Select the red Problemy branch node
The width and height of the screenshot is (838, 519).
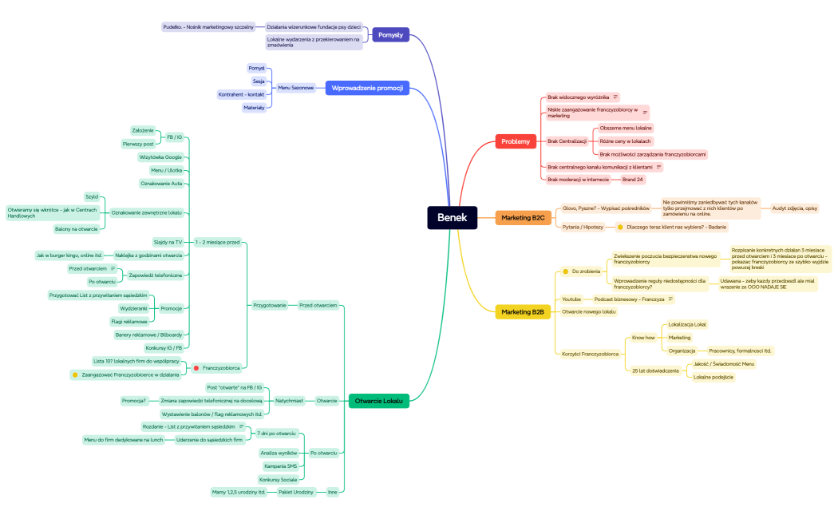[x=516, y=141]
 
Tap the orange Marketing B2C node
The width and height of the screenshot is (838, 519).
[x=523, y=217]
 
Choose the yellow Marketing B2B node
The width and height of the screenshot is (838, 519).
[x=523, y=312]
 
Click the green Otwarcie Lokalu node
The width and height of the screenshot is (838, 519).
[x=378, y=400]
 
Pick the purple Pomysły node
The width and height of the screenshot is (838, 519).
[x=390, y=34]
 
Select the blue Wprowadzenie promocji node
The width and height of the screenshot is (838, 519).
[x=367, y=87]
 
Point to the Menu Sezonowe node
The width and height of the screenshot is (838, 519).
[x=295, y=87]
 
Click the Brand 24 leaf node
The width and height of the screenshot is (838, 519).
[x=633, y=180]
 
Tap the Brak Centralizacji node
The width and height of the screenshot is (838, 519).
[x=567, y=141]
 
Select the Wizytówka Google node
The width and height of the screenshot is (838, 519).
[x=160, y=156]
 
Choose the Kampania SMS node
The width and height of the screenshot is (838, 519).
[x=280, y=466]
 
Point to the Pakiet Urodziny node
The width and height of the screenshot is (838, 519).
[x=295, y=492]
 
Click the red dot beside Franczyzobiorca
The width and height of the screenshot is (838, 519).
[x=196, y=368]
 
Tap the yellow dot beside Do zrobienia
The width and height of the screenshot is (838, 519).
[x=565, y=271]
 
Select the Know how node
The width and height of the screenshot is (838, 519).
[x=644, y=338]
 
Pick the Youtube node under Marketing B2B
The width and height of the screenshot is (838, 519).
[x=571, y=299]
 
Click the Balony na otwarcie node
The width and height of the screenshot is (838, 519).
[x=77, y=228]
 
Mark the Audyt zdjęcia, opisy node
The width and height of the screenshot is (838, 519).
[x=794, y=208]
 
